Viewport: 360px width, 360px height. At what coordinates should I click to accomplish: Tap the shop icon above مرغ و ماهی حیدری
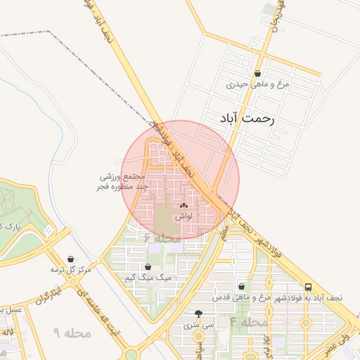pos(258,73)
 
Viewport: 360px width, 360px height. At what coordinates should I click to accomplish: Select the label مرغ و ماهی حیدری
pos(258,84)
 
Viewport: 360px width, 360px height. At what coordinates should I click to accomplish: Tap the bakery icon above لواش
pos(184,206)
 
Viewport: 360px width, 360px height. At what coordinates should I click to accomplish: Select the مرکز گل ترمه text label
pos(71,270)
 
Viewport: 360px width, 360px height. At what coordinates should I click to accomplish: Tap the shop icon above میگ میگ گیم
pos(148,267)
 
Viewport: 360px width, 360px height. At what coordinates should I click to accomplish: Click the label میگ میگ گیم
pos(148,278)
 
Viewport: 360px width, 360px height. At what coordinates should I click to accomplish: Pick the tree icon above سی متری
pos(198,314)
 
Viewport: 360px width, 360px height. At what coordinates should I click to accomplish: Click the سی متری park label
pos(198,325)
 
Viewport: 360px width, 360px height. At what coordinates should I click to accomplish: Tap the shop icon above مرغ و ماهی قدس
pos(243,286)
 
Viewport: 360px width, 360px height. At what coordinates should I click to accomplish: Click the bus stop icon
pos(309,286)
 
